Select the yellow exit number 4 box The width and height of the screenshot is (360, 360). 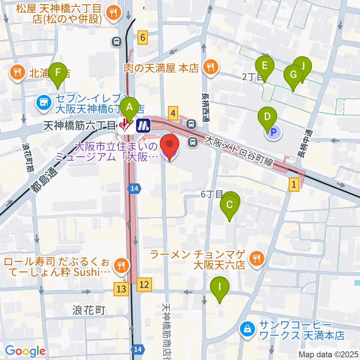click(x=173, y=112)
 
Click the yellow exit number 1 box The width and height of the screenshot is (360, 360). click(x=294, y=184)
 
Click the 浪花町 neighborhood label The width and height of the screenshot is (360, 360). click(x=89, y=310)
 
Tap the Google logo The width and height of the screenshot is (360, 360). click(x=25, y=351)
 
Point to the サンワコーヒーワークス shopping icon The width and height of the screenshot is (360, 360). click(x=247, y=330)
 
